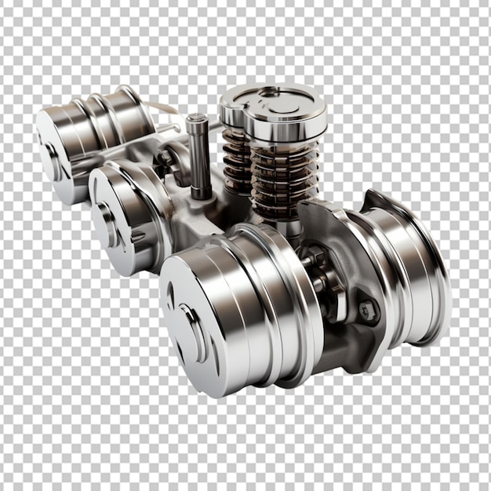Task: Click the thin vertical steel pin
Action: [x=198, y=157]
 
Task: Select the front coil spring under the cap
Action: [x=283, y=180]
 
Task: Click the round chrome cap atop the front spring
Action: [x=286, y=116]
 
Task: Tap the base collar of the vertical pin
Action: [x=201, y=193]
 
